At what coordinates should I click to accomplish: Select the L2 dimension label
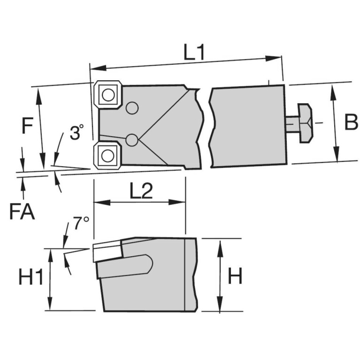point(142,191)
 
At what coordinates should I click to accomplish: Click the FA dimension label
point(22,212)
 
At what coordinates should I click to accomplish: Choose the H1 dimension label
point(31,277)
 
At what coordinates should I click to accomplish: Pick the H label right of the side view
point(235,277)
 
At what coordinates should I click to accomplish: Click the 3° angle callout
point(77,133)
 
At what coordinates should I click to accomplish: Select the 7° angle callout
point(80,224)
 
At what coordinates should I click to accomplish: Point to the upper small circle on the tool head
point(132,108)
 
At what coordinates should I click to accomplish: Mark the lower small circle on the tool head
point(132,139)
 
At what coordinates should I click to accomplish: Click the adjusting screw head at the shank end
point(305,123)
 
